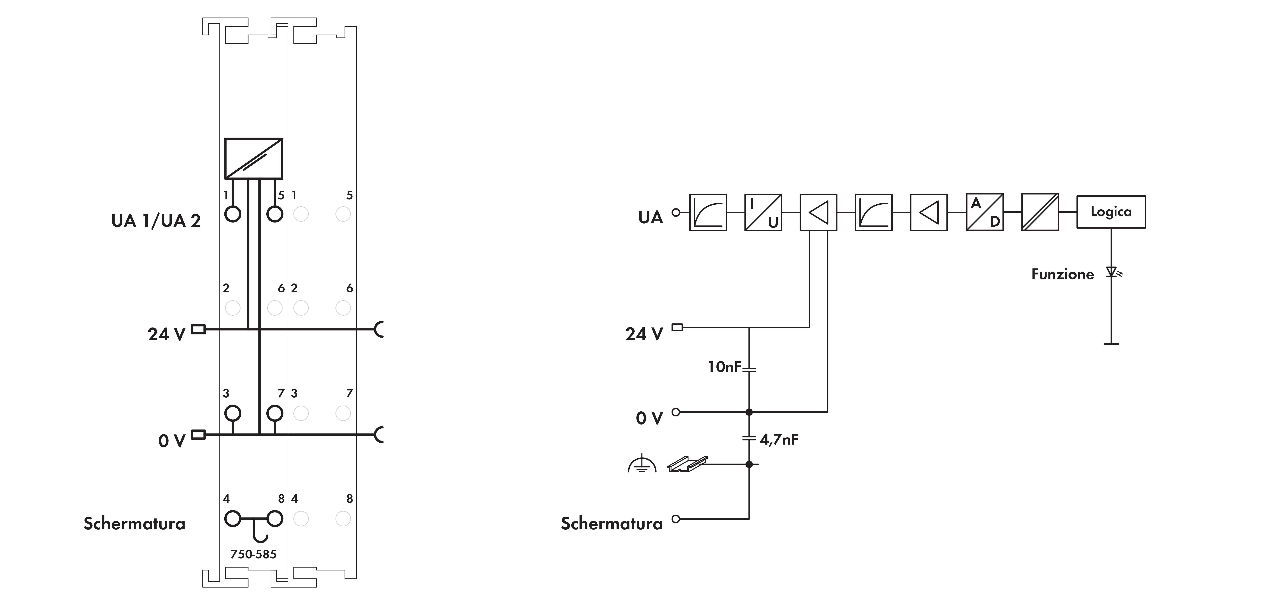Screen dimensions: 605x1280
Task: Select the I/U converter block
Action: [x=763, y=212]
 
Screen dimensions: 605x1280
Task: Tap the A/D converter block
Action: [x=984, y=212]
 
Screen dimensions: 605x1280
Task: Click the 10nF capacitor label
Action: [x=724, y=367]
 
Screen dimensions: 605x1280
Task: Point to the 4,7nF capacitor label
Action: [x=779, y=439]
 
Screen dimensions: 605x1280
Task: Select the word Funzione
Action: [x=1062, y=274]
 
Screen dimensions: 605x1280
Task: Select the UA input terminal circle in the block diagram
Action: [x=675, y=212]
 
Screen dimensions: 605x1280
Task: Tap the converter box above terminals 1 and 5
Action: [x=253, y=158]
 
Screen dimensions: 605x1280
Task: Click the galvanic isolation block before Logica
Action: [x=1039, y=212]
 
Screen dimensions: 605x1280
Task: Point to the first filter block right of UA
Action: [x=708, y=212]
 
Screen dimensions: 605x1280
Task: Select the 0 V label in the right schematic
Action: [x=649, y=418]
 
